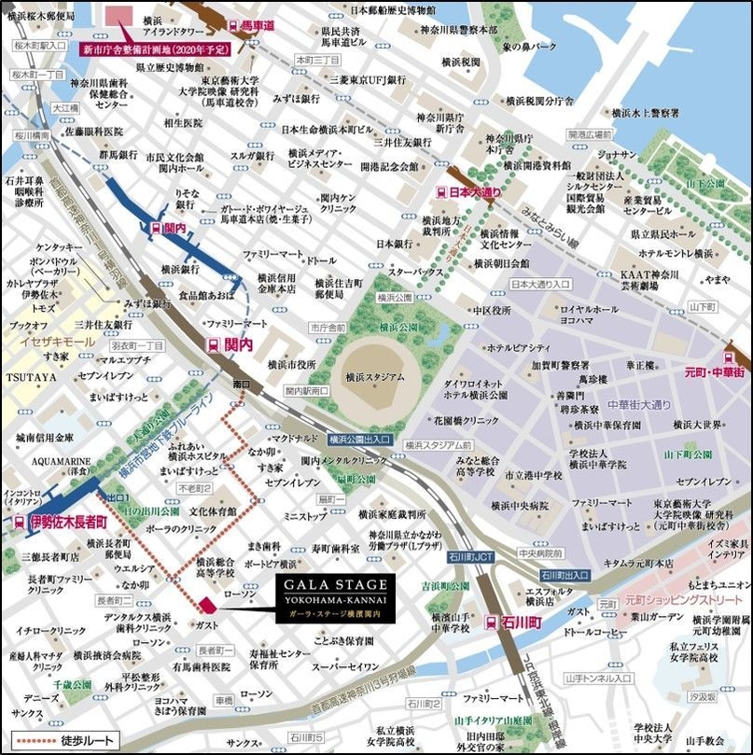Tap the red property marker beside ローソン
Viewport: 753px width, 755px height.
(206, 604)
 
